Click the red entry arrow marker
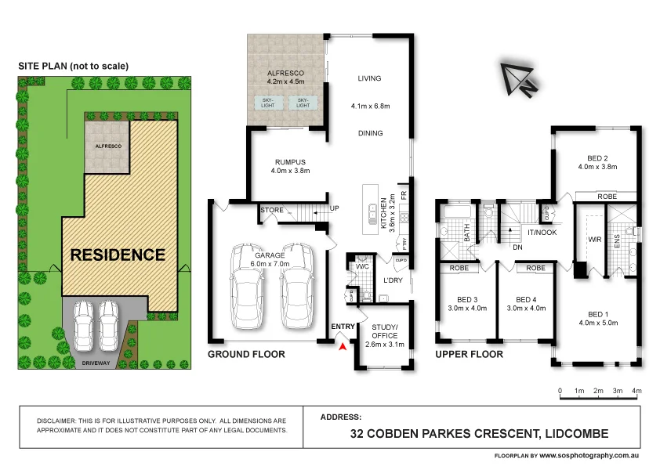pyautogui.click(x=341, y=346)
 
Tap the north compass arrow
pyautogui.click(x=518, y=78)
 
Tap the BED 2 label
pyautogui.click(x=597, y=157)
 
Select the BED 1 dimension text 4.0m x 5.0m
pyautogui.click(x=597, y=324)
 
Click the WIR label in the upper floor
pyautogui.click(x=595, y=240)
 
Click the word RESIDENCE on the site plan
pyautogui.click(x=118, y=255)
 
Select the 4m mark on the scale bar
pyautogui.click(x=636, y=390)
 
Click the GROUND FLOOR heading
pyautogui.click(x=245, y=355)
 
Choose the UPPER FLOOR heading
pyautogui.click(x=470, y=355)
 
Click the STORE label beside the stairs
pyautogui.click(x=271, y=210)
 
